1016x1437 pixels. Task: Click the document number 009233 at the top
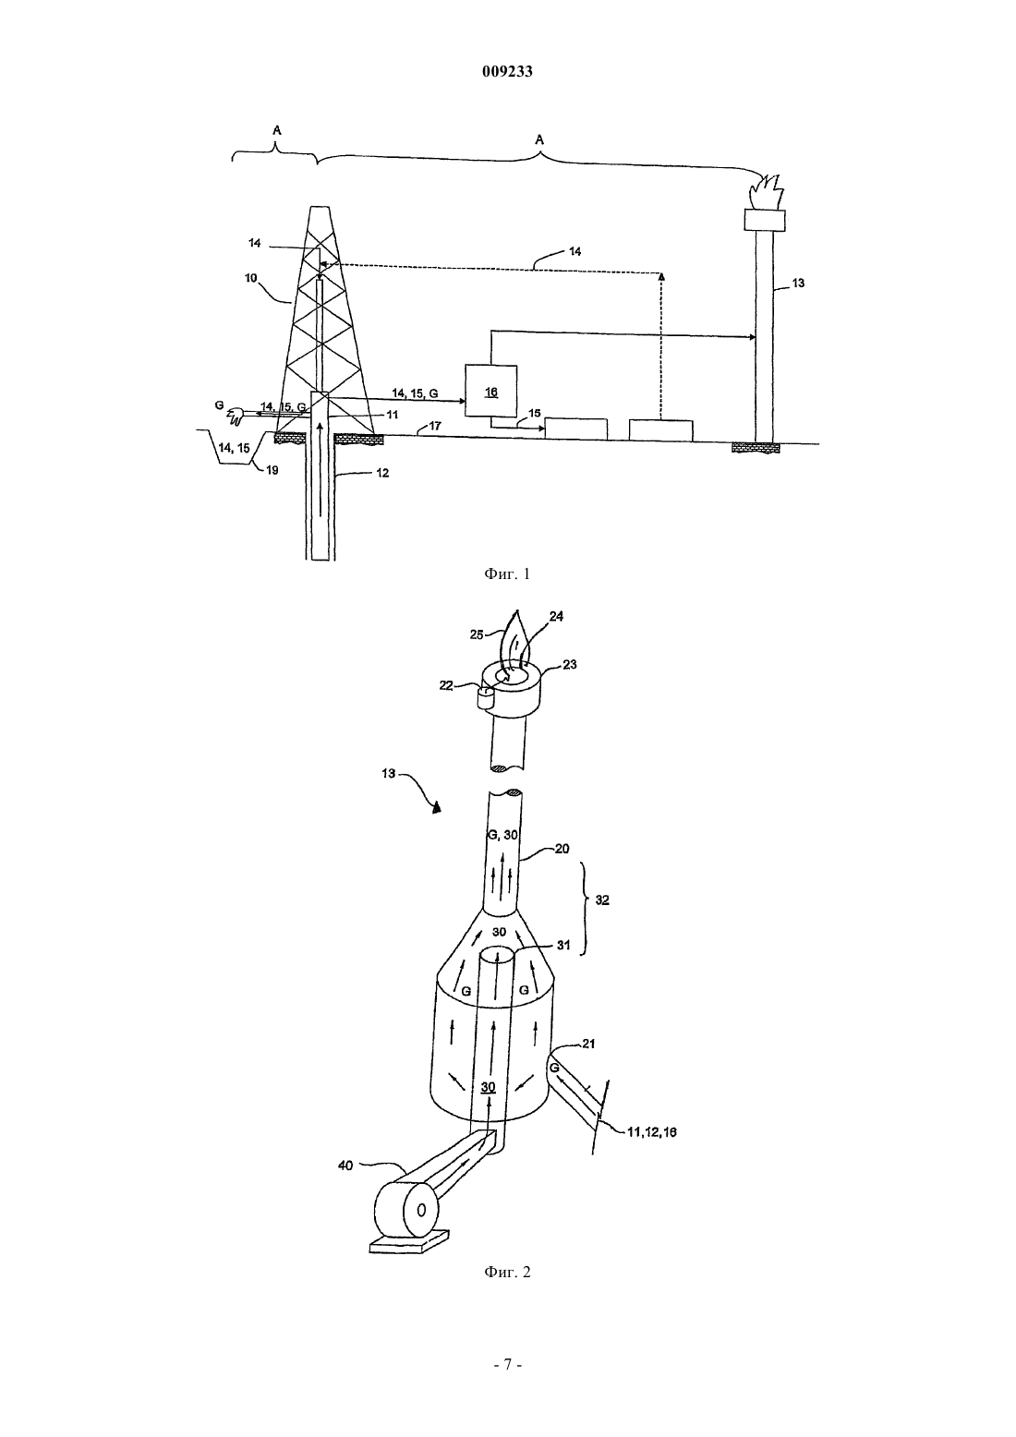point(507,72)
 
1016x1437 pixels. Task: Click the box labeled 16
point(490,391)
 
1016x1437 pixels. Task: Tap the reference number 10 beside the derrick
point(251,278)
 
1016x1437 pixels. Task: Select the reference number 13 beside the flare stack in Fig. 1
point(798,283)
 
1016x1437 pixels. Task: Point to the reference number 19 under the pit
point(272,470)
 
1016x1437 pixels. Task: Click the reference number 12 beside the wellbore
point(382,474)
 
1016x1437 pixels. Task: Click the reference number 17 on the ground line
point(435,426)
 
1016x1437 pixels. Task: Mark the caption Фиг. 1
point(507,574)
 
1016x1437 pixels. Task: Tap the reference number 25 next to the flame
point(478,634)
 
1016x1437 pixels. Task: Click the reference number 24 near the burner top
point(556,617)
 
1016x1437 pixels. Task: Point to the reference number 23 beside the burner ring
point(570,665)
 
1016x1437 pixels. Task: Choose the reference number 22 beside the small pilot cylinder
point(446,686)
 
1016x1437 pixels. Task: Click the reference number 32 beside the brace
point(602,900)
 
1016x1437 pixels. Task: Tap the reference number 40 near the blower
point(345,1165)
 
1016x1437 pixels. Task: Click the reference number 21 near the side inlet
point(588,1044)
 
